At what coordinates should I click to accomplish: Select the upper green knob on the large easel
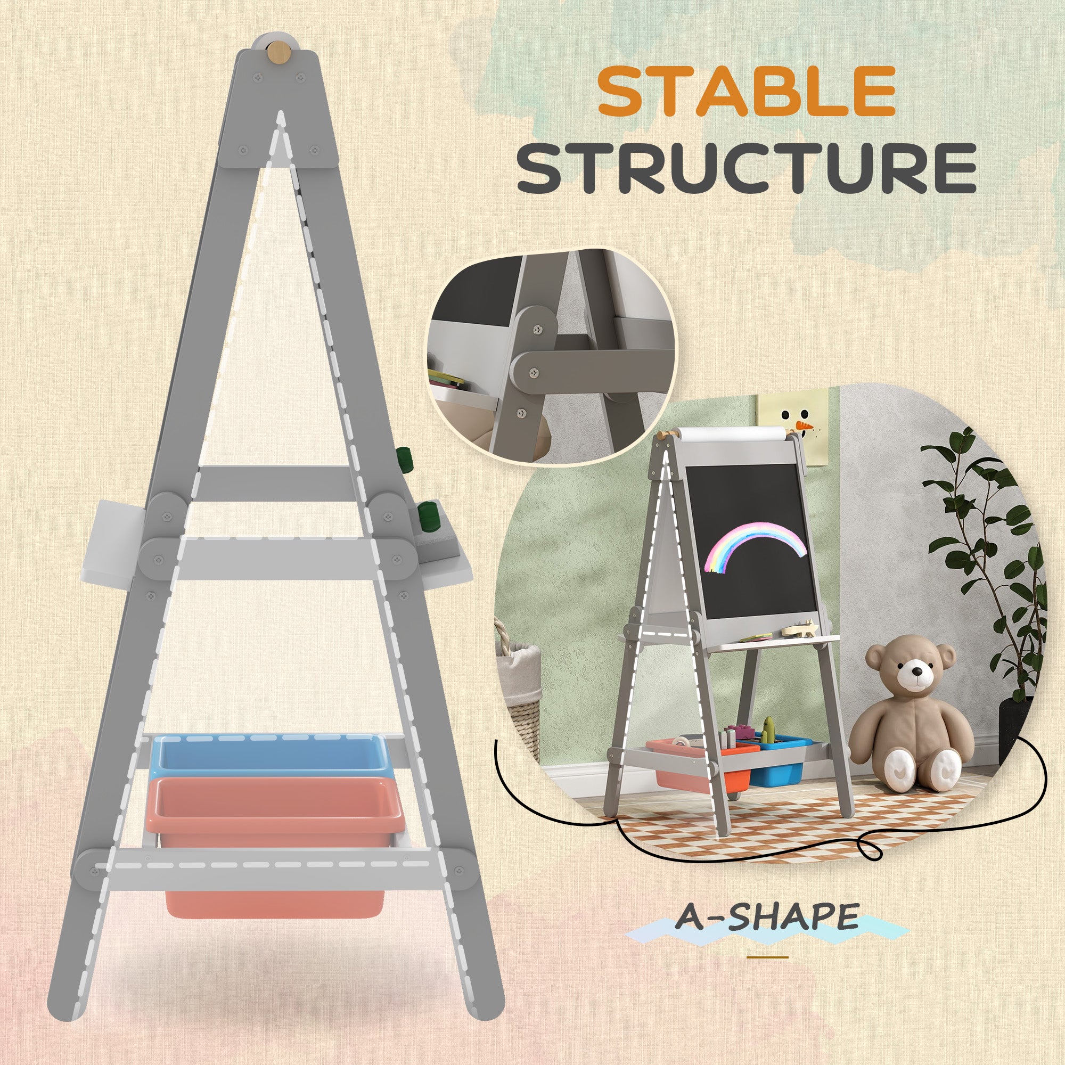[x=404, y=458]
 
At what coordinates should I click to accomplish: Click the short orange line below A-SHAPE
[x=767, y=957]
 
